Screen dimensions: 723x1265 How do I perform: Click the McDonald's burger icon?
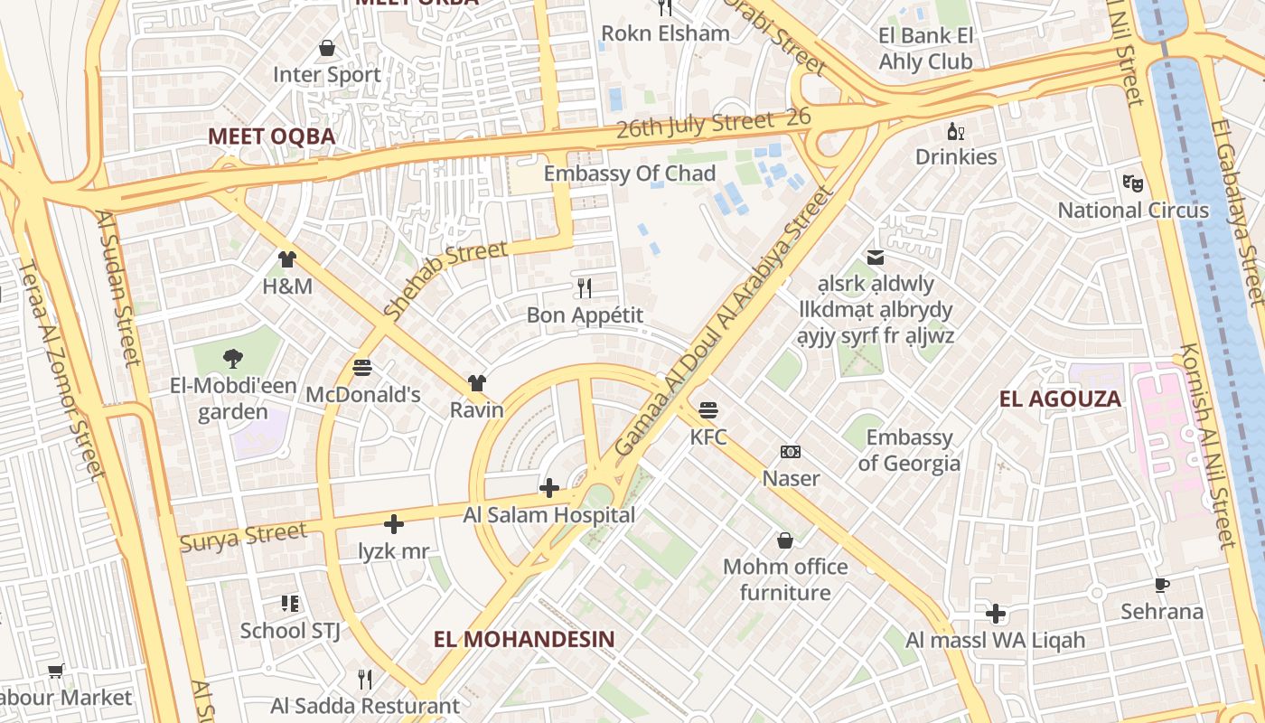(x=362, y=368)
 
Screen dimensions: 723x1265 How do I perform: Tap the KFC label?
(x=708, y=437)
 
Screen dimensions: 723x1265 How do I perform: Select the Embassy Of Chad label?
(x=630, y=174)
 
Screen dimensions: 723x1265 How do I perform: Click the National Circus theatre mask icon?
(x=1133, y=183)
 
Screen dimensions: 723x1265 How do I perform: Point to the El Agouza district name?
(x=1060, y=399)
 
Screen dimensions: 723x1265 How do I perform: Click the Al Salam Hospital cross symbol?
(x=548, y=488)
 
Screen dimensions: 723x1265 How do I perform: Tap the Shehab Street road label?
(x=445, y=278)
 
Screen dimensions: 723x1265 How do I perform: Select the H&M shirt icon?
(x=287, y=259)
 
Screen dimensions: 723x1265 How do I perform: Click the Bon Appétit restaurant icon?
(x=585, y=288)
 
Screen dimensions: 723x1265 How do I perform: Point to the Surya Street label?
(x=243, y=537)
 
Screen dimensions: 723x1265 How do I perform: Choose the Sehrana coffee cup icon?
(x=1162, y=585)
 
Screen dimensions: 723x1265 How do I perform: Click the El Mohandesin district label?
(x=524, y=639)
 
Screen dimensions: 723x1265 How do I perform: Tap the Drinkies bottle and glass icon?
(x=956, y=131)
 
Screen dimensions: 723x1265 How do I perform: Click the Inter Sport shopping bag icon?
(x=327, y=47)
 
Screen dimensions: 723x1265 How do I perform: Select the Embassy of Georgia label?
(x=908, y=450)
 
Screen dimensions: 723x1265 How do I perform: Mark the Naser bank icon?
(x=791, y=452)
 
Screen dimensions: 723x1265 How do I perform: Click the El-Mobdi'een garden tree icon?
(x=233, y=359)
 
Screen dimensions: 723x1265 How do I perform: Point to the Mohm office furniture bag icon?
(x=785, y=540)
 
